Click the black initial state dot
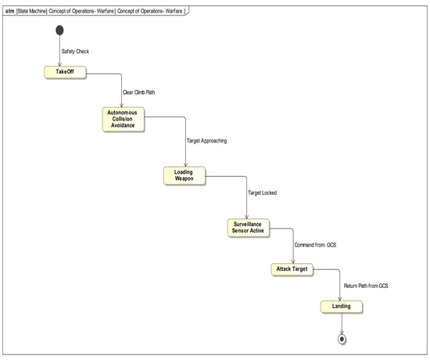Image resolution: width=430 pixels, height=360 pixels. [x=58, y=33]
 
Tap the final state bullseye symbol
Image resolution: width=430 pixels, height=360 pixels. [x=342, y=340]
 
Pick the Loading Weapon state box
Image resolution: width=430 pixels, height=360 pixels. [x=184, y=175]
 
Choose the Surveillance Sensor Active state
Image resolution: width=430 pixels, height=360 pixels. [x=246, y=228]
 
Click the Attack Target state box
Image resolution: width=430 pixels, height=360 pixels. [x=292, y=269]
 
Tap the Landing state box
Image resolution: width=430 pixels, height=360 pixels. [x=341, y=306]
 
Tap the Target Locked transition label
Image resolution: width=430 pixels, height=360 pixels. [x=263, y=192]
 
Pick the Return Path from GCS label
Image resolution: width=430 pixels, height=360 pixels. [x=366, y=286]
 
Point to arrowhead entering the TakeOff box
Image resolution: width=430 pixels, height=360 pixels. [x=58, y=66]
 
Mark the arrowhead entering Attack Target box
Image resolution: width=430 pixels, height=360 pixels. [x=293, y=261]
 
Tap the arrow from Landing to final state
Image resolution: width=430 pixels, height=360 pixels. [x=342, y=324]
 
